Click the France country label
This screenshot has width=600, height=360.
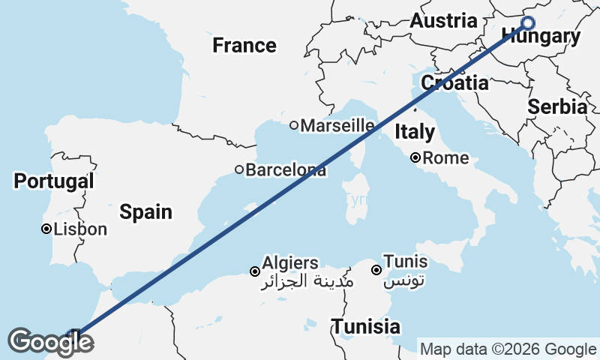[244, 45]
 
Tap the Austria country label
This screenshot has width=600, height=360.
[442, 21]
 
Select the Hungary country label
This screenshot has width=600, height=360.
[541, 37]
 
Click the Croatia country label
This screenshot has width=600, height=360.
[454, 82]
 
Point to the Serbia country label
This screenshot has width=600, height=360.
[556, 106]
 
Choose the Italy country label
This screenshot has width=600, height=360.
[415, 132]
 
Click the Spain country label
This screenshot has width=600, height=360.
[146, 211]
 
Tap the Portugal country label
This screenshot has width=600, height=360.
[54, 181]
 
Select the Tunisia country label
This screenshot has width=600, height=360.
[366, 327]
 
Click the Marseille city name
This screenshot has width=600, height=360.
[337, 125]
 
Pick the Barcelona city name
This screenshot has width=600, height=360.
[286, 170]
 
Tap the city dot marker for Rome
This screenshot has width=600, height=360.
[415, 158]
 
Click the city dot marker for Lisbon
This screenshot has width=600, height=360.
[46, 229]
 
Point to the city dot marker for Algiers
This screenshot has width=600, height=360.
[256, 271]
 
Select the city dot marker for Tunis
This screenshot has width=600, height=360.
[376, 269]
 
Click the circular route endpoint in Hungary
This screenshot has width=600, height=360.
[527, 23]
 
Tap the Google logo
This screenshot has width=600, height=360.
[50, 342]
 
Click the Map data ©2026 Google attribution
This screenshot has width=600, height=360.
[508, 349]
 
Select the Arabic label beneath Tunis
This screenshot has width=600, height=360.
[405, 283]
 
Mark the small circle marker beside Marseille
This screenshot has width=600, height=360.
[294, 125]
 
